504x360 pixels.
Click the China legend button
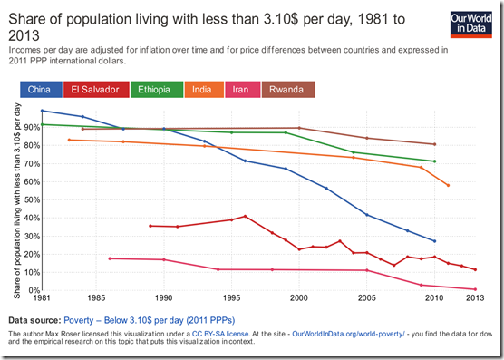[x=39, y=90]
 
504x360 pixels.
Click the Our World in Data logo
[x=472, y=24]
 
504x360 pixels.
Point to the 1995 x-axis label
[x=231, y=297]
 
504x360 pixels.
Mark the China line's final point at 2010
[x=435, y=241]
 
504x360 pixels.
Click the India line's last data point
[x=448, y=185]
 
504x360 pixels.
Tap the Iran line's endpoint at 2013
[x=475, y=289]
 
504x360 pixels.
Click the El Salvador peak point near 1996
[x=246, y=216]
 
